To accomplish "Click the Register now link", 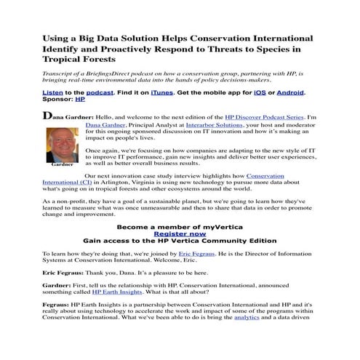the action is pyautogui.click(x=180, y=234).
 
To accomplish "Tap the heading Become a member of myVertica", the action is pyautogui.click(x=180, y=226).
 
